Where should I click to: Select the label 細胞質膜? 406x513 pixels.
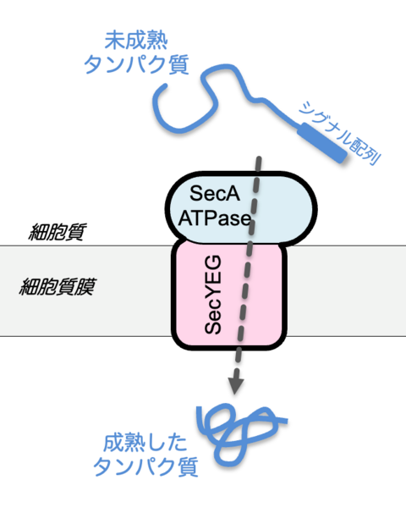pos(57,285)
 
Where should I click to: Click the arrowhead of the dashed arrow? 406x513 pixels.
pos(237,386)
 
